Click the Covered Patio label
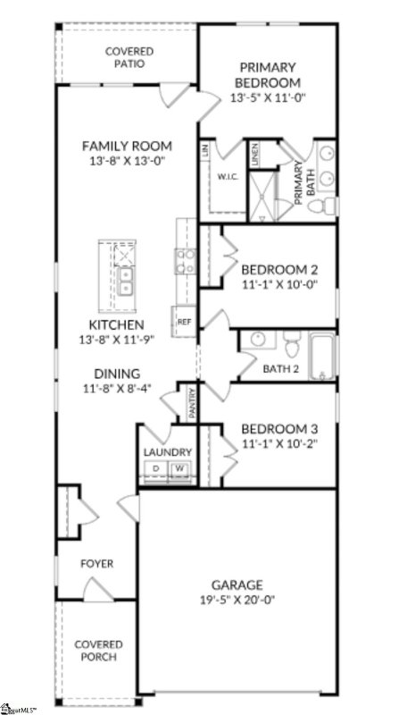[x=129, y=58]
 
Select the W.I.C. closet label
[x=225, y=177]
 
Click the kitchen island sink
[x=126, y=281]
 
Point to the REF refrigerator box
[x=185, y=322]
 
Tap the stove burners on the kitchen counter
[x=186, y=260]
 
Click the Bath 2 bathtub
[x=322, y=357]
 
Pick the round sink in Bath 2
[x=256, y=341]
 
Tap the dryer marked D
[x=155, y=468]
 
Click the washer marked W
[x=179, y=468]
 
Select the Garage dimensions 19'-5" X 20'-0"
[x=237, y=601]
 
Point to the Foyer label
[x=96, y=564]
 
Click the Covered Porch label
[x=98, y=652]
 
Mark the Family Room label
[x=126, y=146]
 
